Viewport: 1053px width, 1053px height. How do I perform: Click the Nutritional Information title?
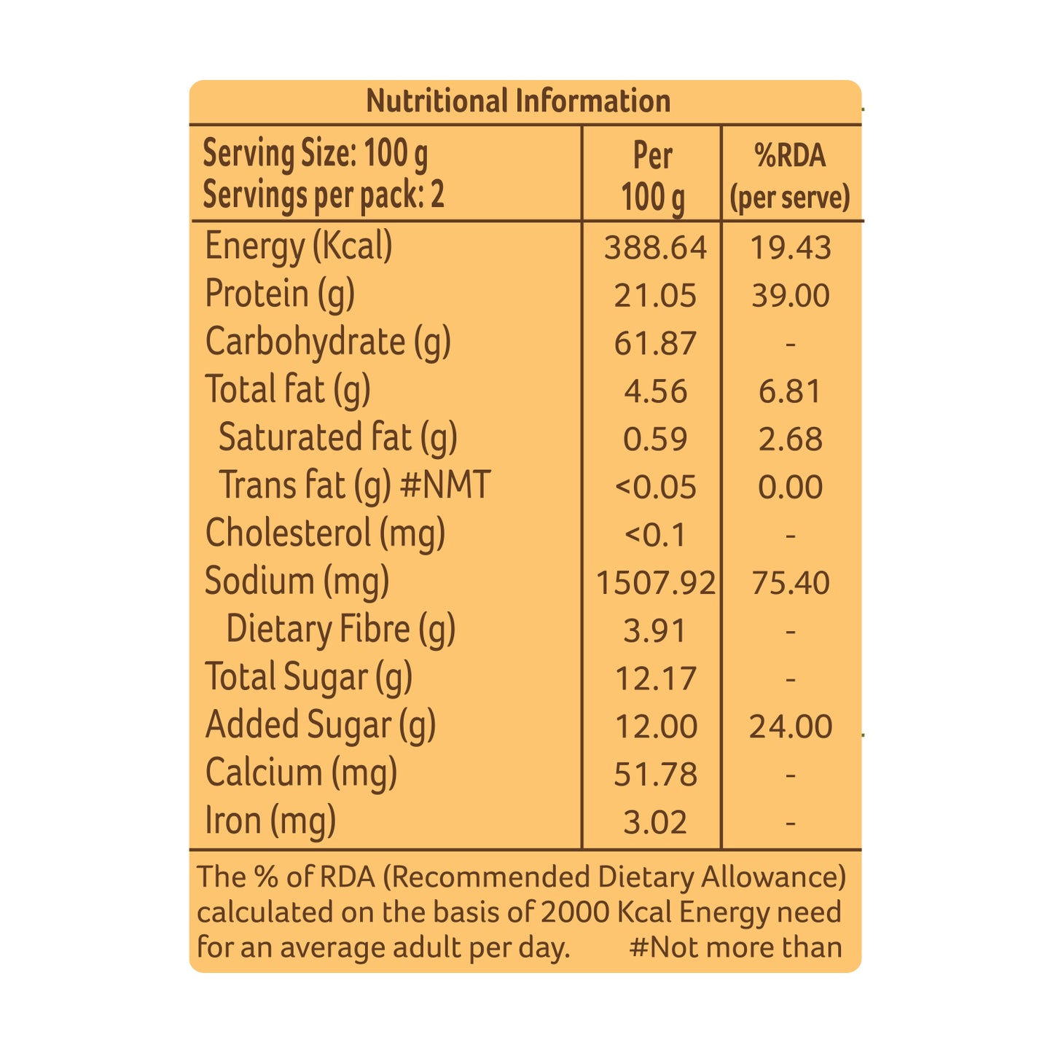click(x=518, y=101)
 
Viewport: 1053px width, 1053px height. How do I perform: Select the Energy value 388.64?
click(x=654, y=248)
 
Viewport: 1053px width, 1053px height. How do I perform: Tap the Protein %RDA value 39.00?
click(x=790, y=296)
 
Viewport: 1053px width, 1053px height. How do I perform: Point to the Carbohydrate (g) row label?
click(x=328, y=342)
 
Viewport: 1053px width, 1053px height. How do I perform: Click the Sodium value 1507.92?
click(x=655, y=583)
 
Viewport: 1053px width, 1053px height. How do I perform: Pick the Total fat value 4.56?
click(x=655, y=391)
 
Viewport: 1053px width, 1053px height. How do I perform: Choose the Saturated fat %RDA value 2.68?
click(x=790, y=439)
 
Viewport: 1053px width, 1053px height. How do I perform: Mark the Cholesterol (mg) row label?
click(x=325, y=534)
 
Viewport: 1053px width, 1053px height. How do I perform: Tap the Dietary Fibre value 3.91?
click(x=654, y=631)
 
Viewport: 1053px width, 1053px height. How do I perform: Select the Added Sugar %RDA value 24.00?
click(x=790, y=727)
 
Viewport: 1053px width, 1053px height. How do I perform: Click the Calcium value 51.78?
click(x=655, y=775)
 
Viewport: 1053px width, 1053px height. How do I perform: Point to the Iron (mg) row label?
click(x=270, y=821)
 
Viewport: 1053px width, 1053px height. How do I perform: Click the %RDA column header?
click(x=790, y=176)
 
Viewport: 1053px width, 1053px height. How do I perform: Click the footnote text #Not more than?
click(x=735, y=947)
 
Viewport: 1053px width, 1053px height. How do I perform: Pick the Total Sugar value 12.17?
click(x=655, y=679)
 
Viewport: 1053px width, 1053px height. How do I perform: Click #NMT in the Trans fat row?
click(x=445, y=485)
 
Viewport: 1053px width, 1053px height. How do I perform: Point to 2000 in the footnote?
click(x=576, y=912)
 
